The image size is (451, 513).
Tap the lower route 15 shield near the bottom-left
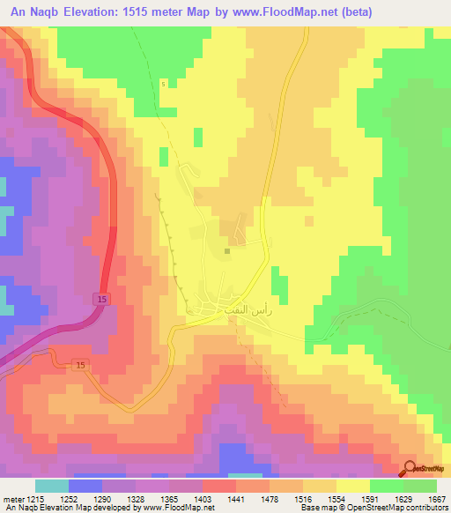coord(81,365)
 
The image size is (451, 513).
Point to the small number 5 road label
coord(163,84)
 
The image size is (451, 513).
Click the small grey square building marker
coord(227,250)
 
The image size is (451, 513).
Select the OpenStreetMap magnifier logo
coord(411,470)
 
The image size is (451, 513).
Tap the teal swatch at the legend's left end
coord(51,487)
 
